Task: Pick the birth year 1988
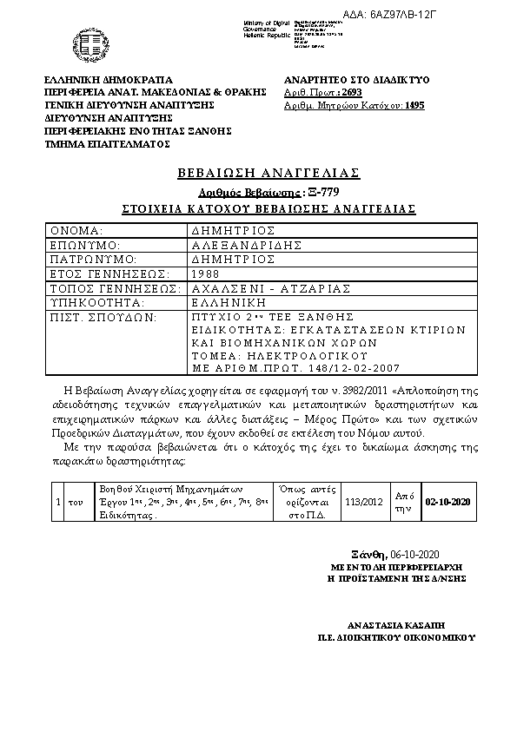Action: click(x=206, y=273)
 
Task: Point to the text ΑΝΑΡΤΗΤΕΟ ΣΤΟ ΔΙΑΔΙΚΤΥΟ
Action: click(x=357, y=79)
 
